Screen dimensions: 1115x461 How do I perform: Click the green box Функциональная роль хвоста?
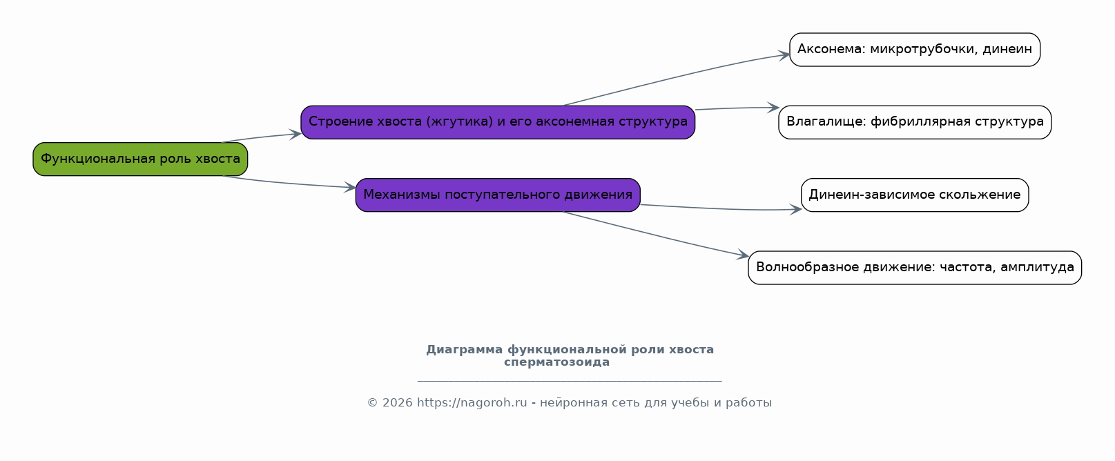[140, 159]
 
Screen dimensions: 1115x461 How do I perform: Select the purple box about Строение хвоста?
[498, 122]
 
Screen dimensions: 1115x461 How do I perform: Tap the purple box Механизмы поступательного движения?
[498, 195]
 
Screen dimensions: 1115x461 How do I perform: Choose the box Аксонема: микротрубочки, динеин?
[915, 50]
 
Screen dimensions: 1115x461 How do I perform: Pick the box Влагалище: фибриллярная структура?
[915, 122]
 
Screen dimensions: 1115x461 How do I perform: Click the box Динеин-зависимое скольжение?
[915, 195]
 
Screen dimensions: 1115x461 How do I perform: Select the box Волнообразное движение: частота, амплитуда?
[915, 268]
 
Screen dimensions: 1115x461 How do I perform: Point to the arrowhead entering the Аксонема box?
[784, 55]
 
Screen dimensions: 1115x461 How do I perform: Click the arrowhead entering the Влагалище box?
[773, 108]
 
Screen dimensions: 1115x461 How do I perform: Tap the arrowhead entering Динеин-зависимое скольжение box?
[796, 209]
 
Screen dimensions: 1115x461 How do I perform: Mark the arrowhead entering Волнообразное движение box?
[743, 255]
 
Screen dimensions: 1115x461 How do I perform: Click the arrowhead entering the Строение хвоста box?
[295, 134]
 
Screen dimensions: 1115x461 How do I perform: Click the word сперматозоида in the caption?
[556, 362]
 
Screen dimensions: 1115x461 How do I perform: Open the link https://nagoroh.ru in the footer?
[472, 403]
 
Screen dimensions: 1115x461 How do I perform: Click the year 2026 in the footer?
[397, 403]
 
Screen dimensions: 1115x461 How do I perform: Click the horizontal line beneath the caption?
[570, 382]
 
